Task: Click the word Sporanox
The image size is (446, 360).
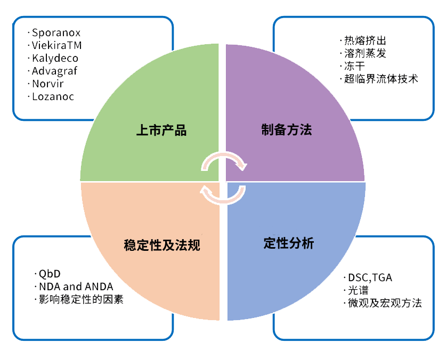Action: [x=56, y=32]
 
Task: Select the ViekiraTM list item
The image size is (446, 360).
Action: [x=56, y=45]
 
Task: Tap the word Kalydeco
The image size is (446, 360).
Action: [x=55, y=58]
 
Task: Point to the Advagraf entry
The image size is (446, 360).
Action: [x=54, y=71]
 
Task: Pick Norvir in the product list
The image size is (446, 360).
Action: [x=47, y=84]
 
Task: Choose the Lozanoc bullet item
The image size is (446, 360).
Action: [x=53, y=96]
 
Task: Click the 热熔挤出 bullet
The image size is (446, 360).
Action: [x=365, y=40]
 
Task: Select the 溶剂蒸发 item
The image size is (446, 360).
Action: [x=365, y=53]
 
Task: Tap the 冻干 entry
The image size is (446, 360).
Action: [x=354, y=66]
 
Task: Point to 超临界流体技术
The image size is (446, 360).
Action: [x=381, y=79]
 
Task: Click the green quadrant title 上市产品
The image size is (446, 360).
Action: [x=161, y=130]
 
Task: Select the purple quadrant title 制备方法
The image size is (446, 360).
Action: [x=287, y=129]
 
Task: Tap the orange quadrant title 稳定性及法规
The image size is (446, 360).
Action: [x=162, y=245]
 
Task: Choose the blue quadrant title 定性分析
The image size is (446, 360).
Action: [x=289, y=243]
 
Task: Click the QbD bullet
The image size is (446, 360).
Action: [x=50, y=274]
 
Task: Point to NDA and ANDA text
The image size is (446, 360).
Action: [x=76, y=287]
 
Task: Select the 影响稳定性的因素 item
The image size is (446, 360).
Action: [x=81, y=299]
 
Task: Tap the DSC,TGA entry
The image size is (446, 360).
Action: [x=370, y=277]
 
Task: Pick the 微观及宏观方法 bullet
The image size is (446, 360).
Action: [x=385, y=303]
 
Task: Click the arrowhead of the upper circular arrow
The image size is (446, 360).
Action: [x=242, y=166]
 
